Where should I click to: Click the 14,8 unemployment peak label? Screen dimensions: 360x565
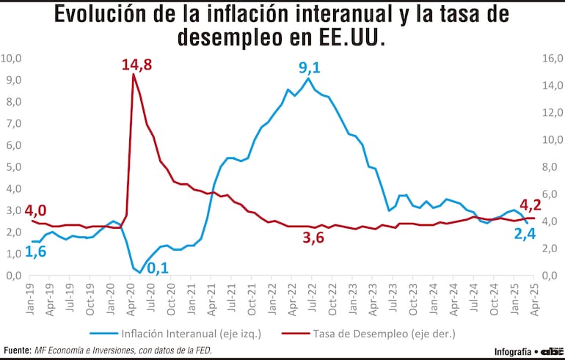point(136,65)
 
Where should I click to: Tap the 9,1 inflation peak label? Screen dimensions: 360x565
point(309,68)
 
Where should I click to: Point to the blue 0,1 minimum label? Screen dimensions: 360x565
point(158,268)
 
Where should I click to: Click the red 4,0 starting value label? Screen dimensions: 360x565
point(35,210)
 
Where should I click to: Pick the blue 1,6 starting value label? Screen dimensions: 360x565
point(35,251)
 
